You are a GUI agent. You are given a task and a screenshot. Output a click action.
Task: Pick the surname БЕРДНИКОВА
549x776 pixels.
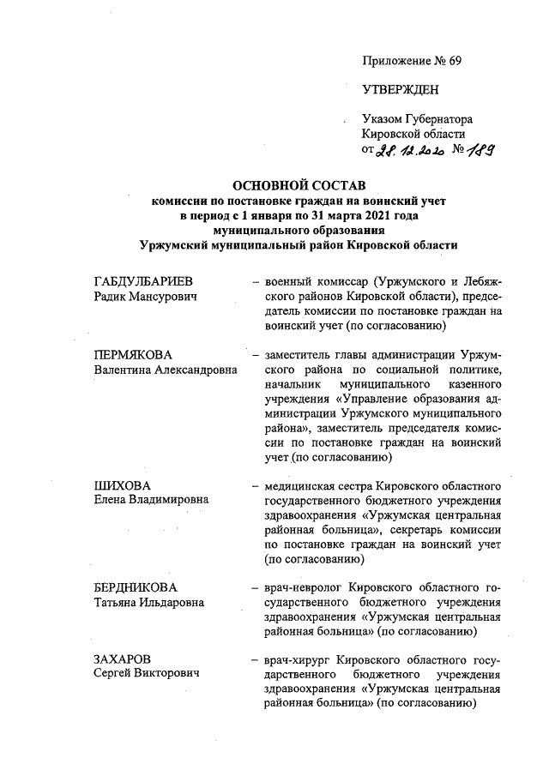(136, 587)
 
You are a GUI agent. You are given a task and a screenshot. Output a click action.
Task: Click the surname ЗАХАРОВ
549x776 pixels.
(122, 659)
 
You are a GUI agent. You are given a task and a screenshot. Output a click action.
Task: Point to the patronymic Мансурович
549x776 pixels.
(166, 297)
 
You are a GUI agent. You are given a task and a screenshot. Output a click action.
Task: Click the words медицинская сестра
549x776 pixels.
(312, 486)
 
